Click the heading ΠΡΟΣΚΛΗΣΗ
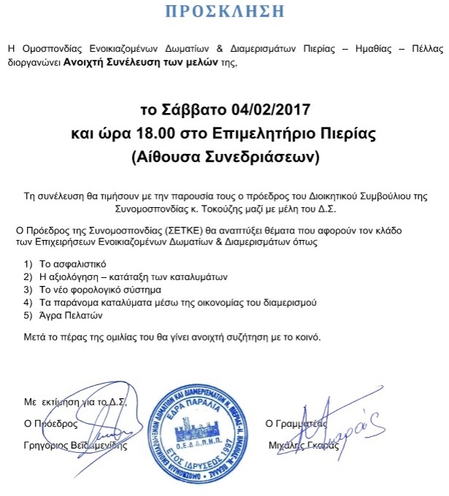pyautogui.click(x=224, y=12)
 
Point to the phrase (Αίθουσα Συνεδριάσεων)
pyautogui.click(x=224, y=156)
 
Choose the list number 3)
pyautogui.click(x=28, y=289)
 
